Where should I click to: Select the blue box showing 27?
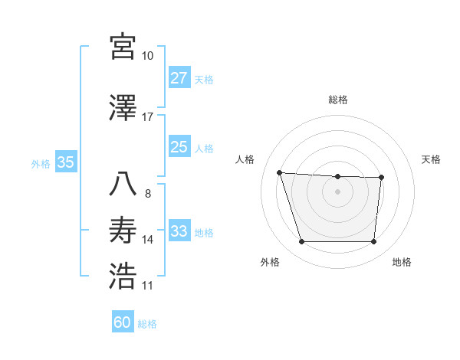coord(179,78)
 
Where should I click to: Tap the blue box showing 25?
coord(179,147)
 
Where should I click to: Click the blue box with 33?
coord(179,231)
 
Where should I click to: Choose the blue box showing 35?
coord(65,162)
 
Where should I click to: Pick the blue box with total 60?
coord(123,322)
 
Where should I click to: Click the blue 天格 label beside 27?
coord(204,79)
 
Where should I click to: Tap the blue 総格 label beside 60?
coord(147,324)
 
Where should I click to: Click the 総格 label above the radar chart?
coord(337,100)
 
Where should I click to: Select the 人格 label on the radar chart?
coord(245,159)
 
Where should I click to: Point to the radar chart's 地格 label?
coord(402,262)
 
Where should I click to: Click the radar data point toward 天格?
coord(381,178)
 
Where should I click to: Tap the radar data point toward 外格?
coord(301,242)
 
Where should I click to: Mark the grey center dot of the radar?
coord(337,191)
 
